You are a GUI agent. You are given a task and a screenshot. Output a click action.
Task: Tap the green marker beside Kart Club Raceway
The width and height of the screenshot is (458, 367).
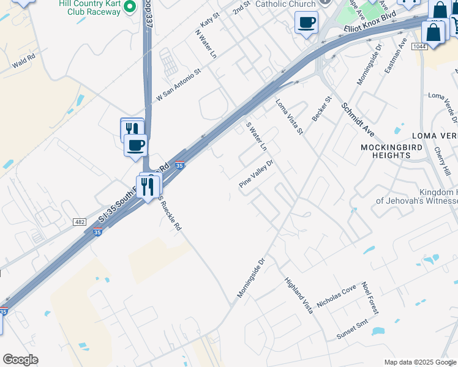pyautogui.click(x=129, y=7)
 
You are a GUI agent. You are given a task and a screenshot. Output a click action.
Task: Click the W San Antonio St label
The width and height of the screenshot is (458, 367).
pyautogui.click(x=179, y=85)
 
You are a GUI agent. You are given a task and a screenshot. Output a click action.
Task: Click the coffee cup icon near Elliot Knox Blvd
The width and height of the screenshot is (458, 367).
pyautogui.click(x=306, y=23)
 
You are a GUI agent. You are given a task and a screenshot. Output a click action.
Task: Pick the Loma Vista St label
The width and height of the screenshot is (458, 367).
pyautogui.click(x=289, y=116)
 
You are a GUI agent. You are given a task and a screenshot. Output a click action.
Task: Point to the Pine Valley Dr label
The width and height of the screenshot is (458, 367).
pyautogui.click(x=256, y=175)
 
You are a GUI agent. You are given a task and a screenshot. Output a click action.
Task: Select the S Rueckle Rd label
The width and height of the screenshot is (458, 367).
pyautogui.click(x=170, y=214)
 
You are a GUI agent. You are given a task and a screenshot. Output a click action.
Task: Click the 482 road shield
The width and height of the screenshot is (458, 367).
pyautogui.click(x=79, y=221)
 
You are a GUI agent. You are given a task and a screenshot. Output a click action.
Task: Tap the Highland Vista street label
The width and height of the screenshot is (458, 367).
pyautogui.click(x=299, y=296)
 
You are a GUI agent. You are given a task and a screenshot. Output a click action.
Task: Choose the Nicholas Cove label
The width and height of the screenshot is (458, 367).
pyautogui.click(x=336, y=288)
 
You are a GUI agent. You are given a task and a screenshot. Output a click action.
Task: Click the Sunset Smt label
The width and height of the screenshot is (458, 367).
pyautogui.click(x=353, y=330)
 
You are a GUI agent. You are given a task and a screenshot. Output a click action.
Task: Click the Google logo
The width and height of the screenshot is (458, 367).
pyautogui.click(x=20, y=360)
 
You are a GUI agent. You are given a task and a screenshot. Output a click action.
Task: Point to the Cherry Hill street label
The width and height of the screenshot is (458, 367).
pyautogui.click(x=442, y=160)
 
